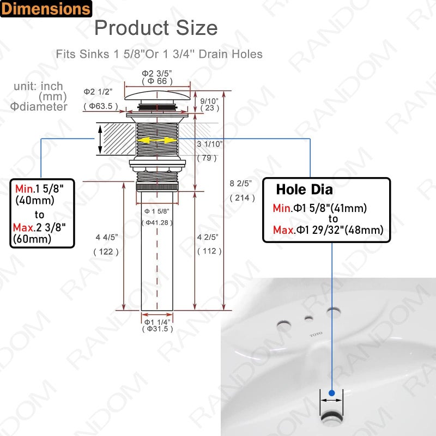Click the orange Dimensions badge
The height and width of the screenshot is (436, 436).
tap(46, 9)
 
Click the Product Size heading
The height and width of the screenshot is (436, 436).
tap(156, 27)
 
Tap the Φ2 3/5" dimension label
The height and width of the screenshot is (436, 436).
tap(158, 73)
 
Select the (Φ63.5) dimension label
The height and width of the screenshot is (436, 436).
tap(101, 106)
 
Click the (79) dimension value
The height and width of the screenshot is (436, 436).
tap(207, 158)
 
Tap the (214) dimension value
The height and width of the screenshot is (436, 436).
tap(242, 198)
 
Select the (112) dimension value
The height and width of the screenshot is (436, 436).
tap(209, 251)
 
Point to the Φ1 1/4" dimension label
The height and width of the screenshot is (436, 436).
tap(157, 321)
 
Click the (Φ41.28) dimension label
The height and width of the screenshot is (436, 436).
tap(157, 222)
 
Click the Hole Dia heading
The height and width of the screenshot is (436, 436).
tap(304, 190)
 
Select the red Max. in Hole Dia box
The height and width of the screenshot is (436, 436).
tap(283, 231)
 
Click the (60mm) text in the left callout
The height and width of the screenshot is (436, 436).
tap(33, 239)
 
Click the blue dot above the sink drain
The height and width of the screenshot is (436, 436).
tap(331, 391)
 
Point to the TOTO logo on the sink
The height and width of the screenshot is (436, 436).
tap(316, 332)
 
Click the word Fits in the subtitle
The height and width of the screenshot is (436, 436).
tap(66, 54)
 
